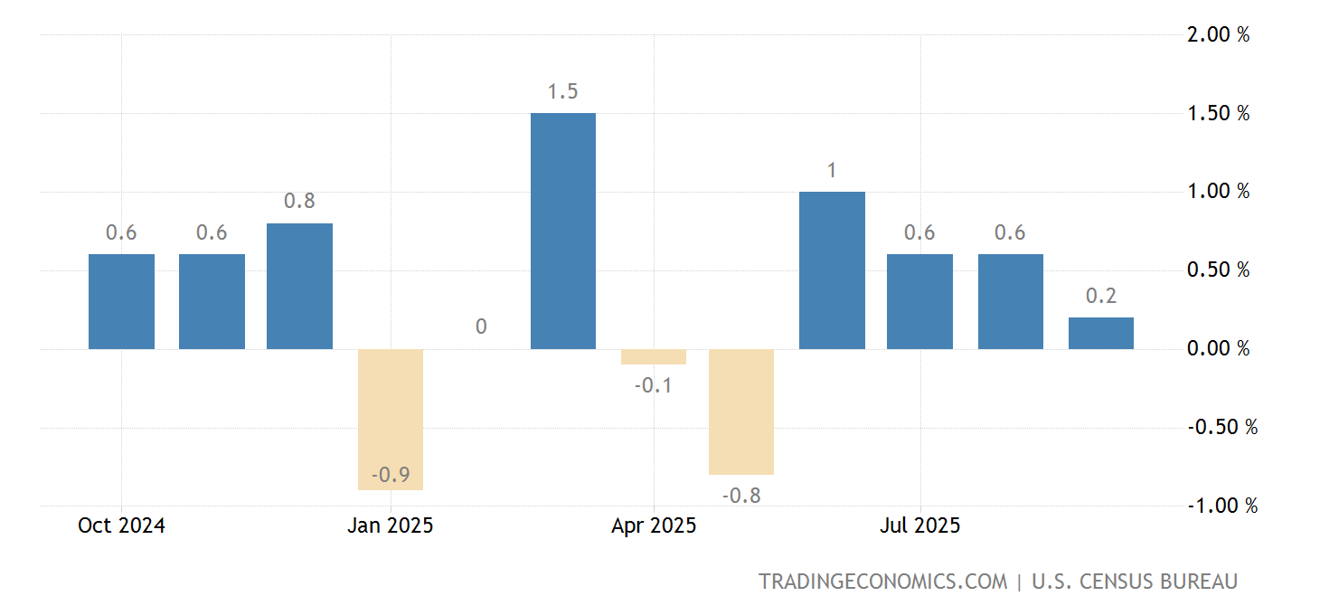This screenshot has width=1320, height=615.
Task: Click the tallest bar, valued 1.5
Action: tap(563, 231)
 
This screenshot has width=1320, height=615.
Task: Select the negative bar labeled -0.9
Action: tap(391, 419)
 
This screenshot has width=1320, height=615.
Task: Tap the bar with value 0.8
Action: tap(299, 286)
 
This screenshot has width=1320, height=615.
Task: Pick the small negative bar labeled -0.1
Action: tap(653, 356)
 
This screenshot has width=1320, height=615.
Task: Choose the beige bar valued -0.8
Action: tap(741, 412)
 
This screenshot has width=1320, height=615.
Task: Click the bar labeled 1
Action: tap(832, 270)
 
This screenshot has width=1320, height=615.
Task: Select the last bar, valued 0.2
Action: tap(1100, 333)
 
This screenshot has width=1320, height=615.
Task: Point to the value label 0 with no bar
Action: tap(481, 326)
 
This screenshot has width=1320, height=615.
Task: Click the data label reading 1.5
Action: tap(562, 91)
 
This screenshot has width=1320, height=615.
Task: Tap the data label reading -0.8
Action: tap(741, 496)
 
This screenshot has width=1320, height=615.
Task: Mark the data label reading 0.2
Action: tap(1100, 296)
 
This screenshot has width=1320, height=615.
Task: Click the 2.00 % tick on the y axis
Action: tap(1218, 35)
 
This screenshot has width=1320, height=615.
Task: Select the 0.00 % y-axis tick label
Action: tap(1218, 349)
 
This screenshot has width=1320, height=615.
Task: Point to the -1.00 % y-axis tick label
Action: tap(1221, 506)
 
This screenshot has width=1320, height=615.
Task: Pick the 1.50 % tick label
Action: tap(1218, 114)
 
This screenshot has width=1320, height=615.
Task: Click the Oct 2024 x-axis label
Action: tap(121, 525)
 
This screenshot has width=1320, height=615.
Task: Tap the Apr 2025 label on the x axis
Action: tap(654, 525)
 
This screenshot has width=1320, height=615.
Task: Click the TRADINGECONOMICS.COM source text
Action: tap(882, 582)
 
